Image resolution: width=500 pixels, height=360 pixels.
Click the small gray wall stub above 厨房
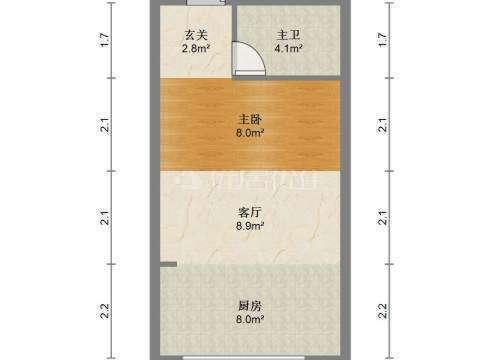pyautogui.click(x=169, y=264)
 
